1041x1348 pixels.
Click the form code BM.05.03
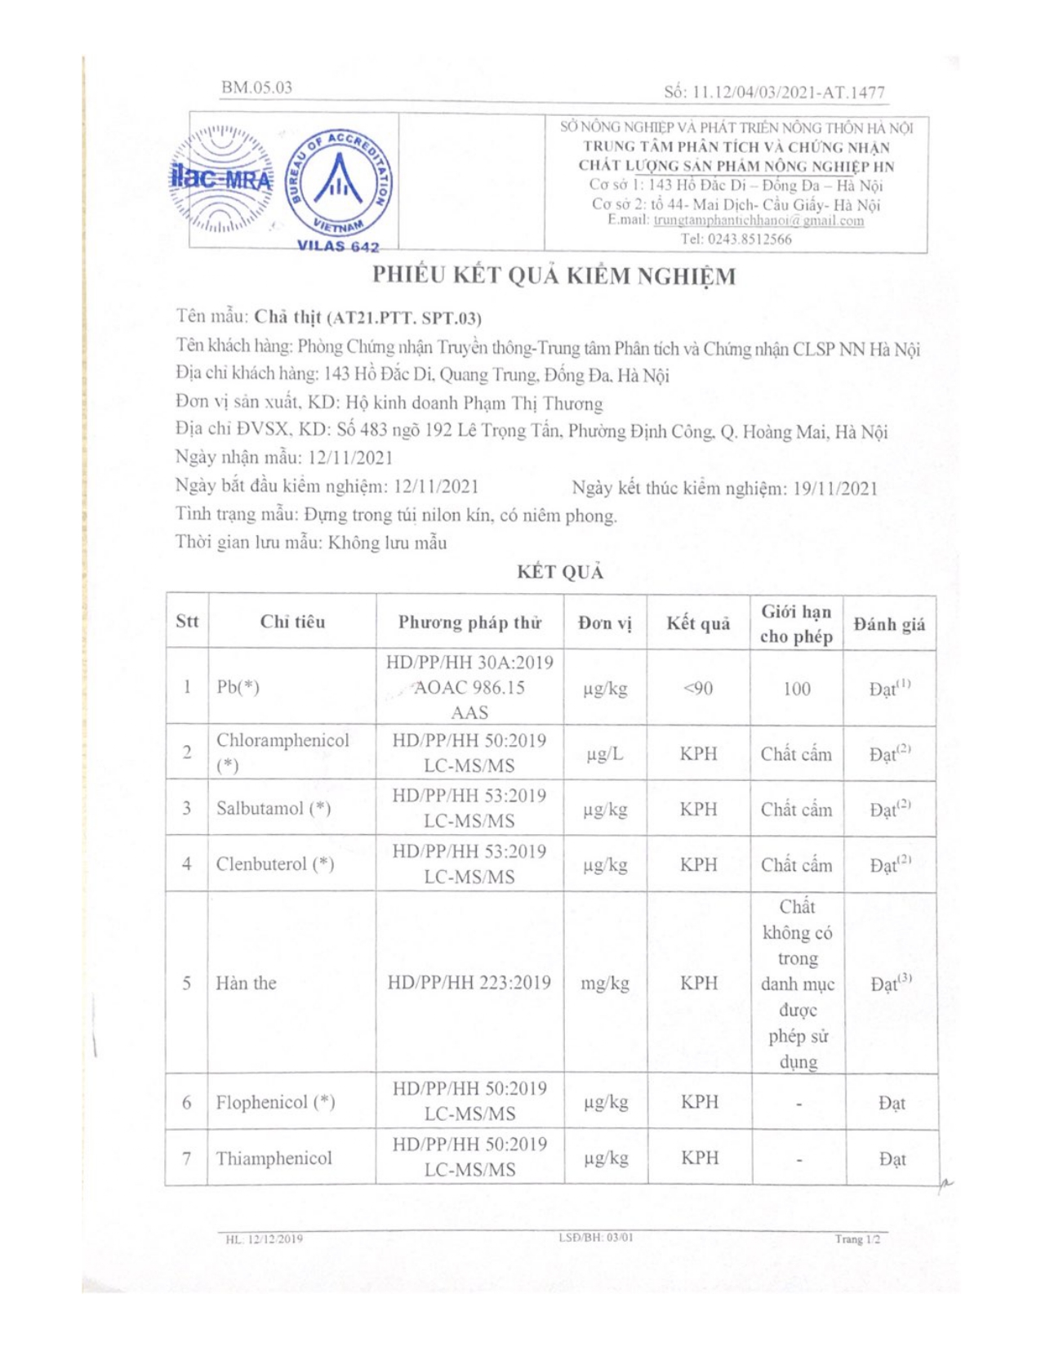[256, 87]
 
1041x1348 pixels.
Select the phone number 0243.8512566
[736, 239]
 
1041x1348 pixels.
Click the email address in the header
[759, 221]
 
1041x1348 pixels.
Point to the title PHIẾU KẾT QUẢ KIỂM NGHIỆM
[554, 276]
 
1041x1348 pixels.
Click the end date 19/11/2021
[835, 489]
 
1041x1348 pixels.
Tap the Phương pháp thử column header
[469, 623]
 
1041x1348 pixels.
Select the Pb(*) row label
[238, 687]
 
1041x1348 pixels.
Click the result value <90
[698, 689]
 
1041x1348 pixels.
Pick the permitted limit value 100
[796, 689]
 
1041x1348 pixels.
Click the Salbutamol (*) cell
[274, 808]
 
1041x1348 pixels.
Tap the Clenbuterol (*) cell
[275, 864]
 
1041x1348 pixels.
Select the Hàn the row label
[246, 983]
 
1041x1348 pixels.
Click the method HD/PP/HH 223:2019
[469, 983]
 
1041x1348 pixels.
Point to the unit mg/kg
[605, 983]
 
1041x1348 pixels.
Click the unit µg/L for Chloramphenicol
[605, 754]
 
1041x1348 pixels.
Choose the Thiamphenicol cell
[274, 1158]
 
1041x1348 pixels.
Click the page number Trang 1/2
[857, 1239]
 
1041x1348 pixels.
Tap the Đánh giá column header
[889, 625]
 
